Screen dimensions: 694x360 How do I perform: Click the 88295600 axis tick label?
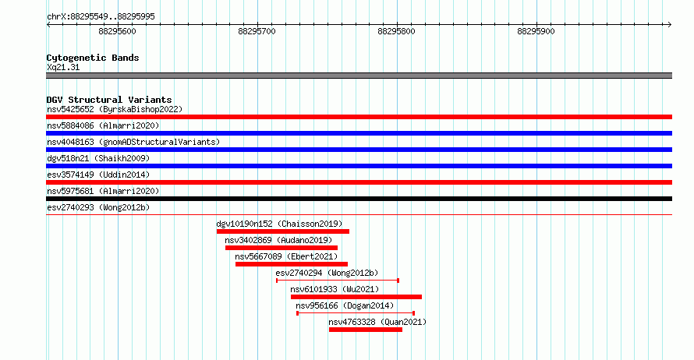pos(117,31)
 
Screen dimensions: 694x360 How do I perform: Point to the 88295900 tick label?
pos(536,31)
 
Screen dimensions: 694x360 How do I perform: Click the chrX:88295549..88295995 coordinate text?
pos(101,17)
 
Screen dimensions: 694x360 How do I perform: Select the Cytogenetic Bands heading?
pos(93,58)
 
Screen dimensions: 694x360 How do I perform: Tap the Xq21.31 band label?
pos(63,67)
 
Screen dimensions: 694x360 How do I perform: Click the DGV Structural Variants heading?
pos(109,100)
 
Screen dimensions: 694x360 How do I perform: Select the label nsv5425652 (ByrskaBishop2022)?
pos(115,109)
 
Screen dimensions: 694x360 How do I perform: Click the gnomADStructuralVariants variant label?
pos(133,142)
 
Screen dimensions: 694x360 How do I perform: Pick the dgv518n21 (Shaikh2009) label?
pos(98,158)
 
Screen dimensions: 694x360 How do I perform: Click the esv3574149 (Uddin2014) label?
pos(98,175)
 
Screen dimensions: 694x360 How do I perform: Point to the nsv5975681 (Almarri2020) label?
pos(103,191)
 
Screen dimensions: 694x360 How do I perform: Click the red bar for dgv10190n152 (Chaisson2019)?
pos(283,231)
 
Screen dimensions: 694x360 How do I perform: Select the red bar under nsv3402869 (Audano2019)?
pos(281,248)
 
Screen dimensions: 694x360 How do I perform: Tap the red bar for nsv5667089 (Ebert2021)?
pos(291,264)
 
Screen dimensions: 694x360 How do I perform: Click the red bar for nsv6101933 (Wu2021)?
pos(356,297)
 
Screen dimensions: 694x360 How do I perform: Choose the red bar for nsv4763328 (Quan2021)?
pos(366,330)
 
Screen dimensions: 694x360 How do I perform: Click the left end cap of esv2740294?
pos(277,281)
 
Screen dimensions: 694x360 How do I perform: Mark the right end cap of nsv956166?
pos(413,313)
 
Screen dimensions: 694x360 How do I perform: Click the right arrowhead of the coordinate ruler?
pos(670,25)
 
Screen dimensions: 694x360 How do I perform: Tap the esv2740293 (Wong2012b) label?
pos(98,207)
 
